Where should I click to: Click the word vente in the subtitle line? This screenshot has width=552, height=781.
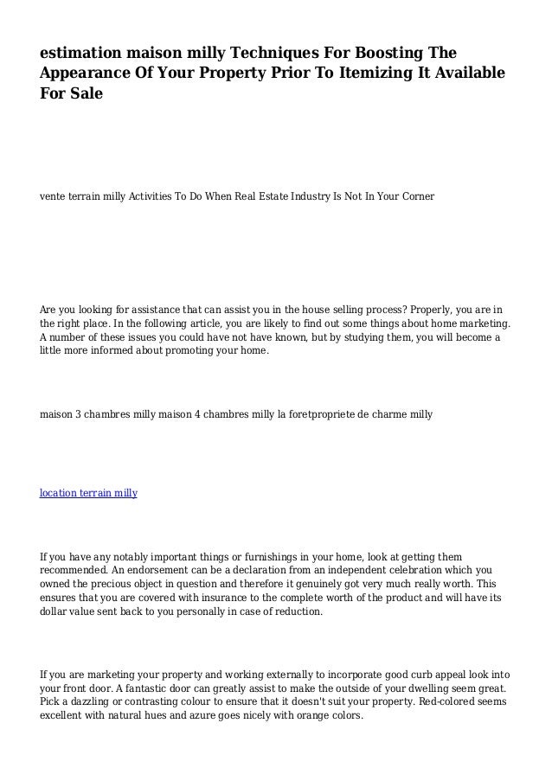53,196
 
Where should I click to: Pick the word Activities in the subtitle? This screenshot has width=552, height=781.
151,196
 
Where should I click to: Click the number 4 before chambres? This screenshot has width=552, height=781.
197,414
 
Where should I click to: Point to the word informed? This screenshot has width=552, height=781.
125,352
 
